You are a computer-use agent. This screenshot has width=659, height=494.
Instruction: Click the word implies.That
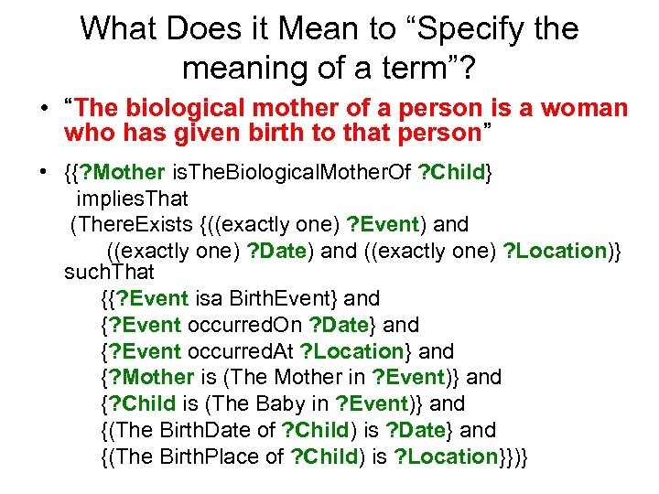[x=133, y=199]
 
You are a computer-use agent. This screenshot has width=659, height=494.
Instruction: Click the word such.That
[x=109, y=272]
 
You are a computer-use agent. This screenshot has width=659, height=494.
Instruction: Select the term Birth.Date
[x=192, y=430]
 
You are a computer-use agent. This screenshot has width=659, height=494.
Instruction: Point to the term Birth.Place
[x=197, y=456]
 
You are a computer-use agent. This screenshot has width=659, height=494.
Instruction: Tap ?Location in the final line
[x=446, y=456]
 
